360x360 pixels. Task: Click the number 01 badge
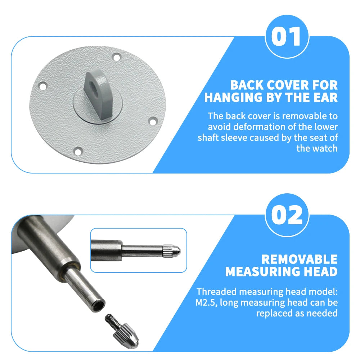point(287,37)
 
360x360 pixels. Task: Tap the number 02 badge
point(287,215)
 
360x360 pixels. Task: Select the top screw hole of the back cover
point(116,57)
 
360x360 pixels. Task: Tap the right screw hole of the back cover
point(152,121)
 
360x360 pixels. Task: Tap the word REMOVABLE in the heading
point(300,259)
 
